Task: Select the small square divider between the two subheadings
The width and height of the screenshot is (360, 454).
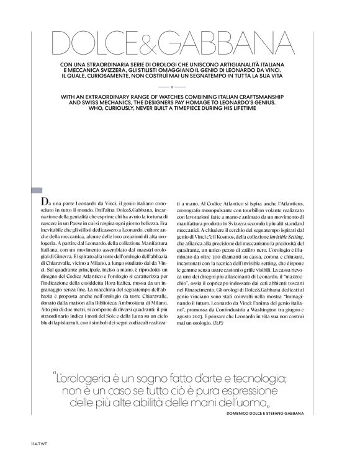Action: [x=180, y=87]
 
